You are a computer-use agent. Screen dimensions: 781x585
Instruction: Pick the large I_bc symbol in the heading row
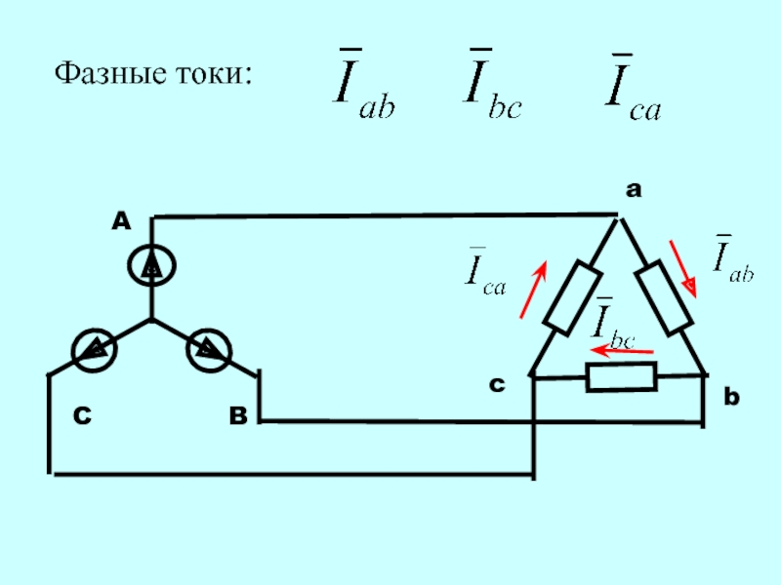[x=492, y=84]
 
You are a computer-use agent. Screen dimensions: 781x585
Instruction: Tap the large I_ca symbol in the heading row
[x=634, y=87]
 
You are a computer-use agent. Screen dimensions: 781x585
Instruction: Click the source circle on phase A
[x=151, y=266]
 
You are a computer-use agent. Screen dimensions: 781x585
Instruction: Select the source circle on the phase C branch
[x=94, y=350]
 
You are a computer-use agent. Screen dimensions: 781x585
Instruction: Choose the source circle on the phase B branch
[x=209, y=350]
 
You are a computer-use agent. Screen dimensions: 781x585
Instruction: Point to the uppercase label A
[x=121, y=221]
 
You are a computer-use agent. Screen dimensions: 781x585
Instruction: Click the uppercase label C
[x=82, y=415]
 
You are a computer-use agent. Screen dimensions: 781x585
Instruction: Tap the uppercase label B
[x=238, y=415]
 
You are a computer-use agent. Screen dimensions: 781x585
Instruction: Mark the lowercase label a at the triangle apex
[x=634, y=189]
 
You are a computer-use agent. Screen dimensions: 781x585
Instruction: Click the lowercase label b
[x=731, y=397]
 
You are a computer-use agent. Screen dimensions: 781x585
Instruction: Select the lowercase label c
[x=497, y=384]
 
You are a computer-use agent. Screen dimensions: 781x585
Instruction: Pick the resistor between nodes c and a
[x=573, y=298]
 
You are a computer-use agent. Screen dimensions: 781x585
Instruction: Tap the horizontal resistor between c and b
[x=621, y=377]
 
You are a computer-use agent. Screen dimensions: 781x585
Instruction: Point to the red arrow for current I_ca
[x=533, y=289]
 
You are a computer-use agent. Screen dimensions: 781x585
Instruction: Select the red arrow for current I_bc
[x=622, y=351]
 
